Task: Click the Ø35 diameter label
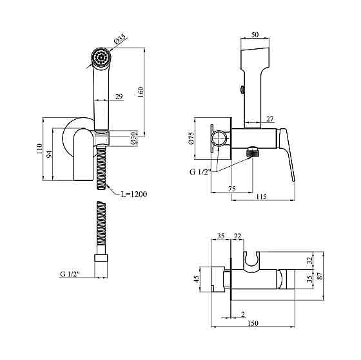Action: (x=119, y=39)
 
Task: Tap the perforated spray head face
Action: (x=101, y=57)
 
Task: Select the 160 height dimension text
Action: (x=141, y=92)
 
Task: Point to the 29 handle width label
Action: (x=119, y=97)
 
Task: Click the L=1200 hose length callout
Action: (x=134, y=194)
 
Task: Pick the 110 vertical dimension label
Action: (x=39, y=149)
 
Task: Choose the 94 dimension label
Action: (x=49, y=154)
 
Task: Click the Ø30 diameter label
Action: (x=133, y=138)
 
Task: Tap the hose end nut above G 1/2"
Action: (x=101, y=258)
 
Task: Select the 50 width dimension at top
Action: (x=255, y=35)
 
